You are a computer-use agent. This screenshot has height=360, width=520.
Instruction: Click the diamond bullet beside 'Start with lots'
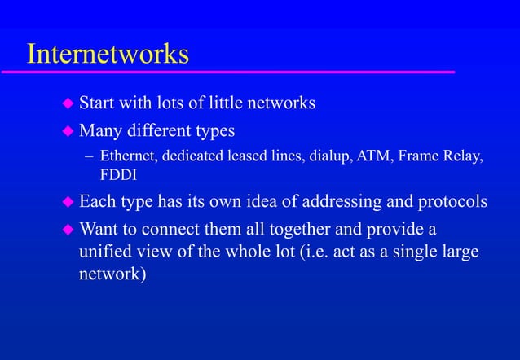click(x=68, y=104)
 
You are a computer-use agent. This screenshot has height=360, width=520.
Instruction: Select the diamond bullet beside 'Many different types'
click(x=68, y=130)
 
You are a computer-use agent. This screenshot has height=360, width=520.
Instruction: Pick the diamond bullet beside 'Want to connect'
click(x=68, y=229)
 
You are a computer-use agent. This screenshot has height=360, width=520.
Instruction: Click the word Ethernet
click(x=126, y=156)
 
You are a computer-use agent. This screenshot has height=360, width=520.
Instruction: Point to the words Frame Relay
click(x=441, y=156)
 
